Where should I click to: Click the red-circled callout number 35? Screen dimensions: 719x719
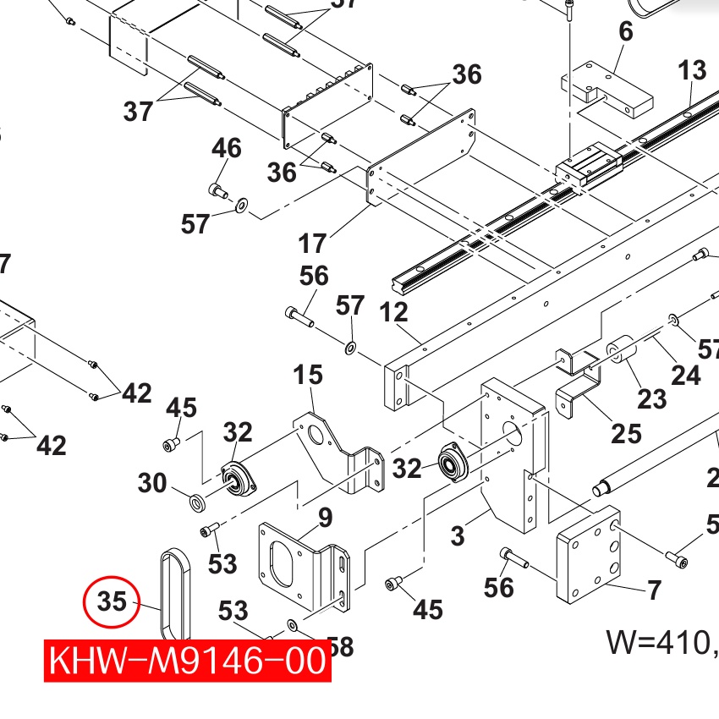[112, 601]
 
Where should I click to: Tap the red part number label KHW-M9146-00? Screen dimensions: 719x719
[188, 661]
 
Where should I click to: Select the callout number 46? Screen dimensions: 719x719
[226, 148]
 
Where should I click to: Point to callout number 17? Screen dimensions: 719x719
[312, 243]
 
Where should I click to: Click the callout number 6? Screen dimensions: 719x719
[625, 31]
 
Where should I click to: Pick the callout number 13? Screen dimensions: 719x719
[692, 70]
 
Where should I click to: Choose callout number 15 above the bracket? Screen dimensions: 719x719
[308, 375]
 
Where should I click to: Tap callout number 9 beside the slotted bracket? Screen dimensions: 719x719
[325, 519]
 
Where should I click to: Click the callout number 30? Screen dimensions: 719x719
[152, 483]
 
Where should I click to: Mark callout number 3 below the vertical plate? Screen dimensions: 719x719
[457, 535]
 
